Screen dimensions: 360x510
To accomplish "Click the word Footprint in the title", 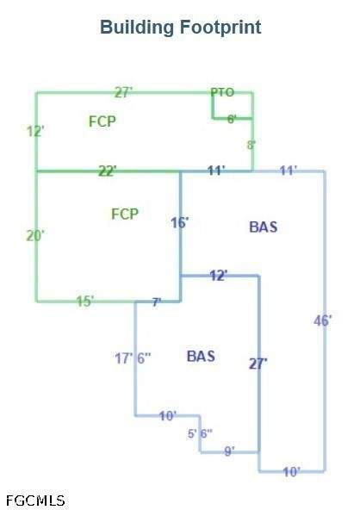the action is coord(220,28).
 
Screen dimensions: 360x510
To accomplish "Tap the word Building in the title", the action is coord(137,28).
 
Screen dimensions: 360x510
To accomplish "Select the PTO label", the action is coord(222,93).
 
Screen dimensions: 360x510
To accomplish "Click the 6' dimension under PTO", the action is coord(232,120).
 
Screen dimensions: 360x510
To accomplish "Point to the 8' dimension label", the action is coord(251,145).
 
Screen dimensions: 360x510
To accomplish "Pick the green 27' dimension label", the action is coord(123,93).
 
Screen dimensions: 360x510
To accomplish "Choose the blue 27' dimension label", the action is coord(258,364).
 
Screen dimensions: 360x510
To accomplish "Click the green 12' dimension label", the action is coord(35,132).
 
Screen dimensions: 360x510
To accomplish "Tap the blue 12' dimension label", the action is coord(219,276).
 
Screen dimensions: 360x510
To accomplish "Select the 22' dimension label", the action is coord(108,171).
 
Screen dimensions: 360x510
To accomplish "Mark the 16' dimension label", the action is coord(180,223).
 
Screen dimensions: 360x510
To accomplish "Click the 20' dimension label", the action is coord(35,235).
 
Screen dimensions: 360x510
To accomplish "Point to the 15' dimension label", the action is coord(85,302).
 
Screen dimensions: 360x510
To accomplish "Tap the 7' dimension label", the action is coord(157,302).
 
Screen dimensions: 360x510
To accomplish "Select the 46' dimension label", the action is coord(323,320).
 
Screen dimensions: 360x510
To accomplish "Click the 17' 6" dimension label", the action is coord(133,358).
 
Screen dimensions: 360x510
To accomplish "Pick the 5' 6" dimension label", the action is coord(200,433).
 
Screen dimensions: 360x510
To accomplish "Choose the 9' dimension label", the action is coord(229,451).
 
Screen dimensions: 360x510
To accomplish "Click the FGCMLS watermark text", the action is coord(35,501).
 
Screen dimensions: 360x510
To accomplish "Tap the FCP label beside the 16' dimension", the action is coord(125,214).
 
